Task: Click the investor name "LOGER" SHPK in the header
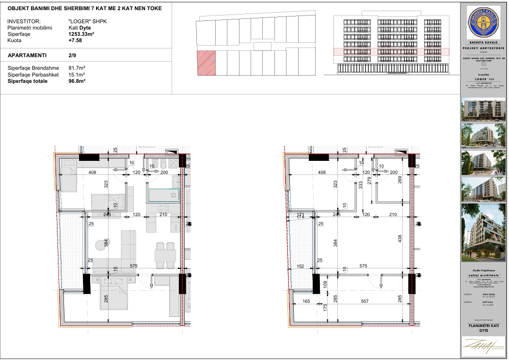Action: tap(86, 22)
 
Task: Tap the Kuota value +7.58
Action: tap(76, 41)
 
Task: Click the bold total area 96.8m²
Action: tap(77, 81)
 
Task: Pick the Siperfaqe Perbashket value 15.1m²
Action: tap(77, 75)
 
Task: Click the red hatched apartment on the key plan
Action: tap(206, 63)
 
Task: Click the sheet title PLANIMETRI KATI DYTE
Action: tap(483, 329)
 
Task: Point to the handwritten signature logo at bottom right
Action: tap(483, 345)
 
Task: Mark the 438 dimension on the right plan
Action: tap(398, 239)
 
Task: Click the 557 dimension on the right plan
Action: tap(372, 300)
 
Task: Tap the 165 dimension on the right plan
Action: tap(306, 300)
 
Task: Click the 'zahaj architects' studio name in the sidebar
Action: tap(483, 275)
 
